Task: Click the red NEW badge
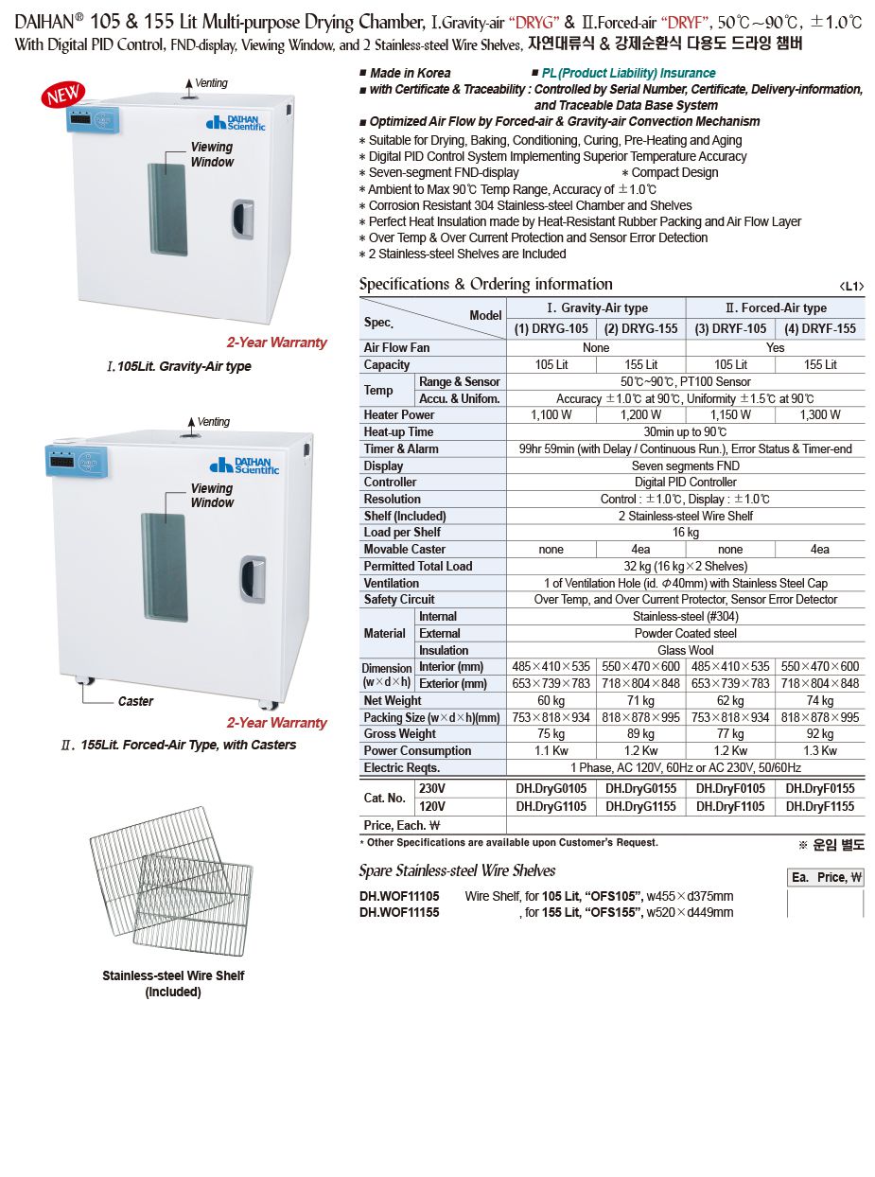pos(63,96)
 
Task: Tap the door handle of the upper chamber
pos(243,219)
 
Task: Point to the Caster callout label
pos(135,701)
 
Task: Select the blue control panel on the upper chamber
pos(91,120)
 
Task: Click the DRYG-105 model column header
pos(551,328)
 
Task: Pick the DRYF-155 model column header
pos(820,328)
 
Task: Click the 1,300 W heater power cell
pos(820,414)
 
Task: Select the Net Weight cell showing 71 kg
pos(640,701)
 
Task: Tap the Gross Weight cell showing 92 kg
pos(820,734)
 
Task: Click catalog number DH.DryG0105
pos(551,788)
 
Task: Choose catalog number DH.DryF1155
pos(820,807)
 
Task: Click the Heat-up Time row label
pos(398,431)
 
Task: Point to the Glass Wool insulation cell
pos(686,651)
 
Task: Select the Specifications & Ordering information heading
pos(485,284)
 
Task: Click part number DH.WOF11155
pos(399,912)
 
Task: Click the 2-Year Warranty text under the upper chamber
pos(276,343)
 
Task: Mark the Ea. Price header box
pos(826,878)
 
